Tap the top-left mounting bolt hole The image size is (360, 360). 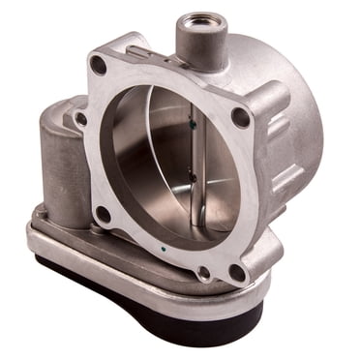[x=98, y=66]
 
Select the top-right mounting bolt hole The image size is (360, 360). [x=239, y=117]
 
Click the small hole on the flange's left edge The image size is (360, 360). [x=81, y=119]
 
